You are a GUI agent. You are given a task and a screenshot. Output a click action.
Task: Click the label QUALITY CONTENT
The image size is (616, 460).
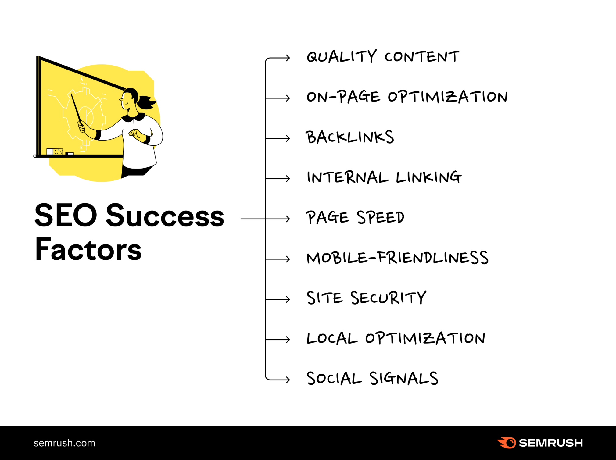[x=383, y=57]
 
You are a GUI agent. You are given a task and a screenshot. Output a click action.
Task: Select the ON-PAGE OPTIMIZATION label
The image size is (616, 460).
[x=407, y=97]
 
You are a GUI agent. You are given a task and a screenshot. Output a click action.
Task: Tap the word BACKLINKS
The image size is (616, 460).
[x=350, y=137]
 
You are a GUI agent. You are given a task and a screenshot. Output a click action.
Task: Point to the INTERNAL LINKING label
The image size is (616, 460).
[x=384, y=177]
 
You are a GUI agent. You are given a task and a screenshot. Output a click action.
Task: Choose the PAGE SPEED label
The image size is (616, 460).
[x=355, y=218]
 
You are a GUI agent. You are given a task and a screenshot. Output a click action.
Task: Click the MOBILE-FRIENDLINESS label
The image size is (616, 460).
[x=397, y=258]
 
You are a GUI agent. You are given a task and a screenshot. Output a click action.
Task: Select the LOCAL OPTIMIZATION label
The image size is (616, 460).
[x=396, y=338]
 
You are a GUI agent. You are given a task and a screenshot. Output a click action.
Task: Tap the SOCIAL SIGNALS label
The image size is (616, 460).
[x=372, y=379]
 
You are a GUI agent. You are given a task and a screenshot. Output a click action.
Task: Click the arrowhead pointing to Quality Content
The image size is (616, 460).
[x=288, y=58]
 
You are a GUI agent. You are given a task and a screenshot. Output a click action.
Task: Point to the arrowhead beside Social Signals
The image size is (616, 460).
[x=288, y=380]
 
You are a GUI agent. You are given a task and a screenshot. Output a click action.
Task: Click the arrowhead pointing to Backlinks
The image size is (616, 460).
[x=288, y=138]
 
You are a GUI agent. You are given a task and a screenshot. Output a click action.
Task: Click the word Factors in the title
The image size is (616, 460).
[x=88, y=249]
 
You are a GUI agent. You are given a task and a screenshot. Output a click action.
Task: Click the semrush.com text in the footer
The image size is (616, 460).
[x=64, y=443]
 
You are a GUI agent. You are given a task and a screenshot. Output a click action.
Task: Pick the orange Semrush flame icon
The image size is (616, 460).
[x=507, y=443]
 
